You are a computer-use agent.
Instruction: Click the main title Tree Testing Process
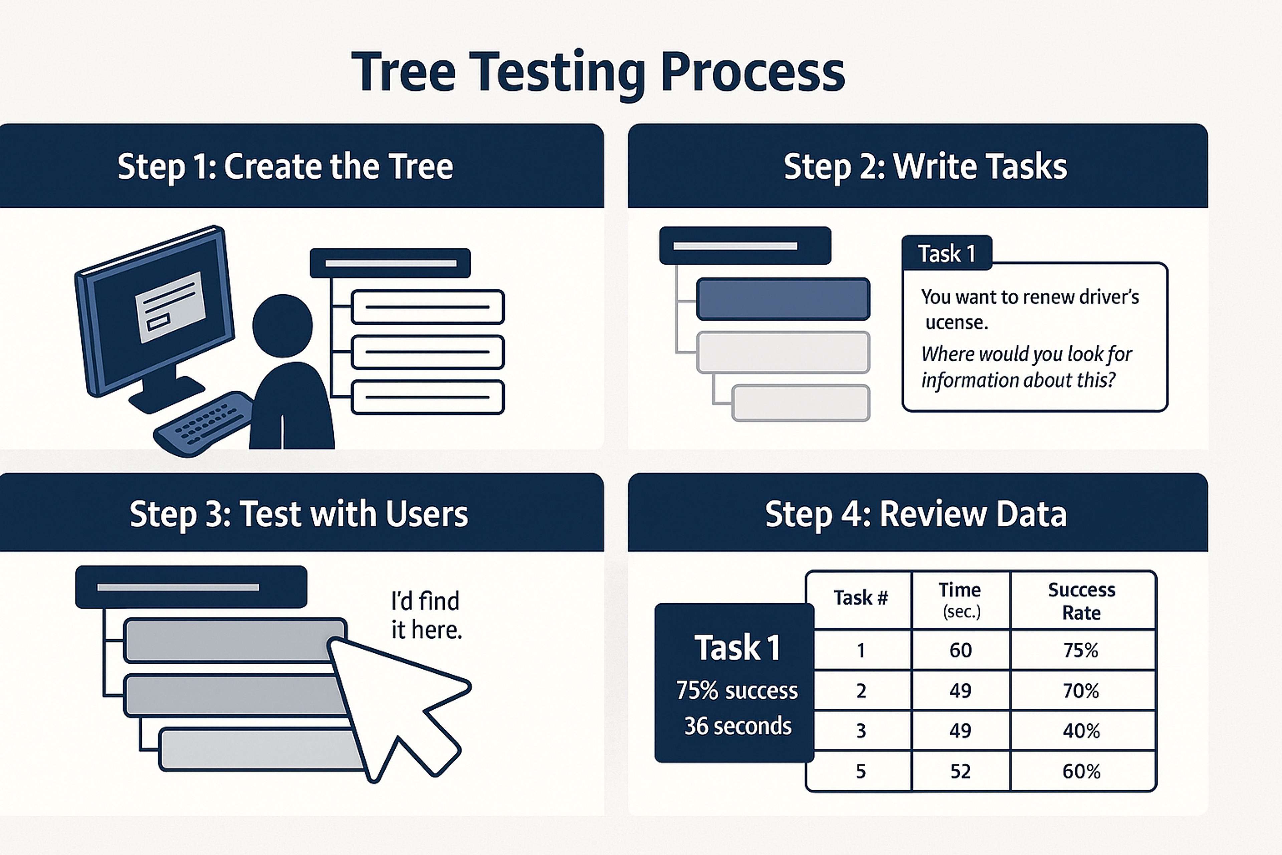click(598, 72)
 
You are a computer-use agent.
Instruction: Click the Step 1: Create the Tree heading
click(285, 166)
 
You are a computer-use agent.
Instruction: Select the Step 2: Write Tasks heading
click(925, 166)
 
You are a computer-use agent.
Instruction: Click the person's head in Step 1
click(282, 326)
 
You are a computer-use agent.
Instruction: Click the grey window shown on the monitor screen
click(170, 307)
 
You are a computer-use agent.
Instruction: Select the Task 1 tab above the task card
click(947, 253)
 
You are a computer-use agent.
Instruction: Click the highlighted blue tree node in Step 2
click(783, 299)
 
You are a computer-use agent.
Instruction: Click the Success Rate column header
click(1082, 601)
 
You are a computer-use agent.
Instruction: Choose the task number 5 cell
click(861, 771)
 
